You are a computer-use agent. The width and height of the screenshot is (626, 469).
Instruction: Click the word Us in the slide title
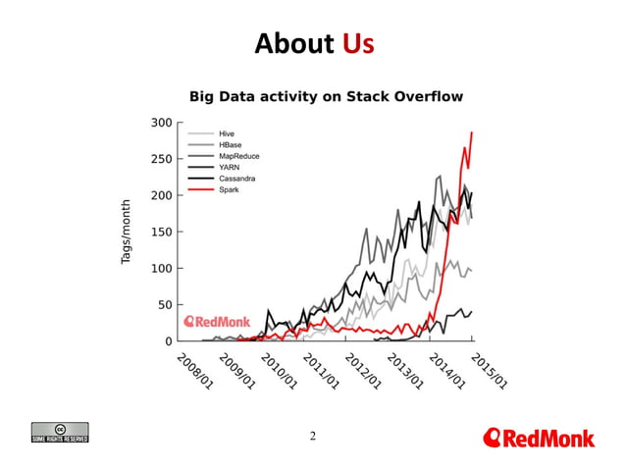pyautogui.click(x=358, y=44)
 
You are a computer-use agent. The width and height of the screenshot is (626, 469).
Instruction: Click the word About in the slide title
pyautogui.click(x=294, y=44)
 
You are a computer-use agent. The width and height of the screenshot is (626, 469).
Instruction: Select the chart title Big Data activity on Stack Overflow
pyautogui.click(x=326, y=96)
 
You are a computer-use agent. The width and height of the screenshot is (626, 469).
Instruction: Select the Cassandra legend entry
pyautogui.click(x=239, y=178)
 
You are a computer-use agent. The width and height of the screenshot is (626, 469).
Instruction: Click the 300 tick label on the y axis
pyautogui.click(x=161, y=123)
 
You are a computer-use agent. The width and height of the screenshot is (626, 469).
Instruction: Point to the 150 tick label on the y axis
pyautogui.click(x=161, y=232)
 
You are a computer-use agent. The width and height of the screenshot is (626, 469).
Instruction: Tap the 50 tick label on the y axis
pyautogui.click(x=165, y=305)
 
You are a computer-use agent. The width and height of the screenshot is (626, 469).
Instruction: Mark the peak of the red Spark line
pyautogui.click(x=472, y=132)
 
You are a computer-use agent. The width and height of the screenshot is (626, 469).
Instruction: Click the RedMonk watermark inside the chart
pyautogui.click(x=218, y=321)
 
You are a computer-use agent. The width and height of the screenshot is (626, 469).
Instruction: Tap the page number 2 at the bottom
pyautogui.click(x=313, y=436)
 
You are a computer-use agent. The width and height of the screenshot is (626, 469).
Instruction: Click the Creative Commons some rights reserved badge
pyautogui.click(x=60, y=433)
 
